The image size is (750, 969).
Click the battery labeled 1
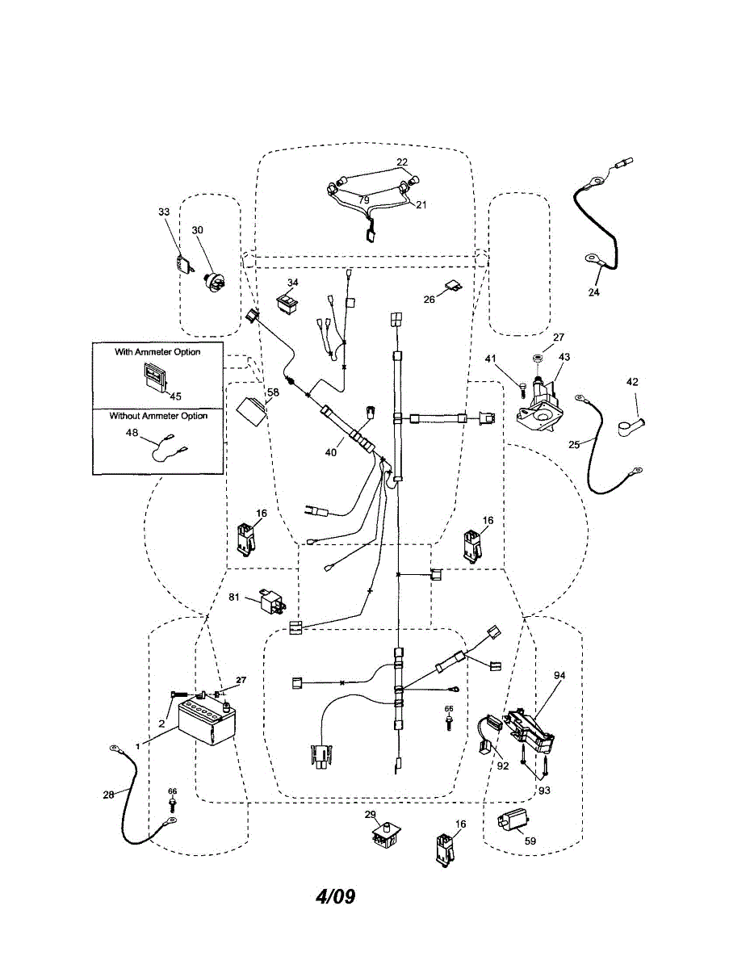(x=205, y=723)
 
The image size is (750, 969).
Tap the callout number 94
(x=560, y=674)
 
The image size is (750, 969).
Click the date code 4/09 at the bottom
(x=335, y=896)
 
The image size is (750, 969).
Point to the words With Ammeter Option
(x=157, y=352)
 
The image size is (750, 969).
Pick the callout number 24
(x=594, y=292)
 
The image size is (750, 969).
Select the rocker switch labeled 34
(x=287, y=300)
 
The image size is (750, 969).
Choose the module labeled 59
(x=511, y=821)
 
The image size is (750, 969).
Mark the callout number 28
(x=108, y=795)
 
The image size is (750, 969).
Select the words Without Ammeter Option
(x=159, y=416)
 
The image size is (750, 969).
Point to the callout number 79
(x=364, y=199)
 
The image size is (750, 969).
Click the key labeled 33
(x=185, y=264)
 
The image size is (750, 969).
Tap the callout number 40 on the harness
(x=330, y=453)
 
